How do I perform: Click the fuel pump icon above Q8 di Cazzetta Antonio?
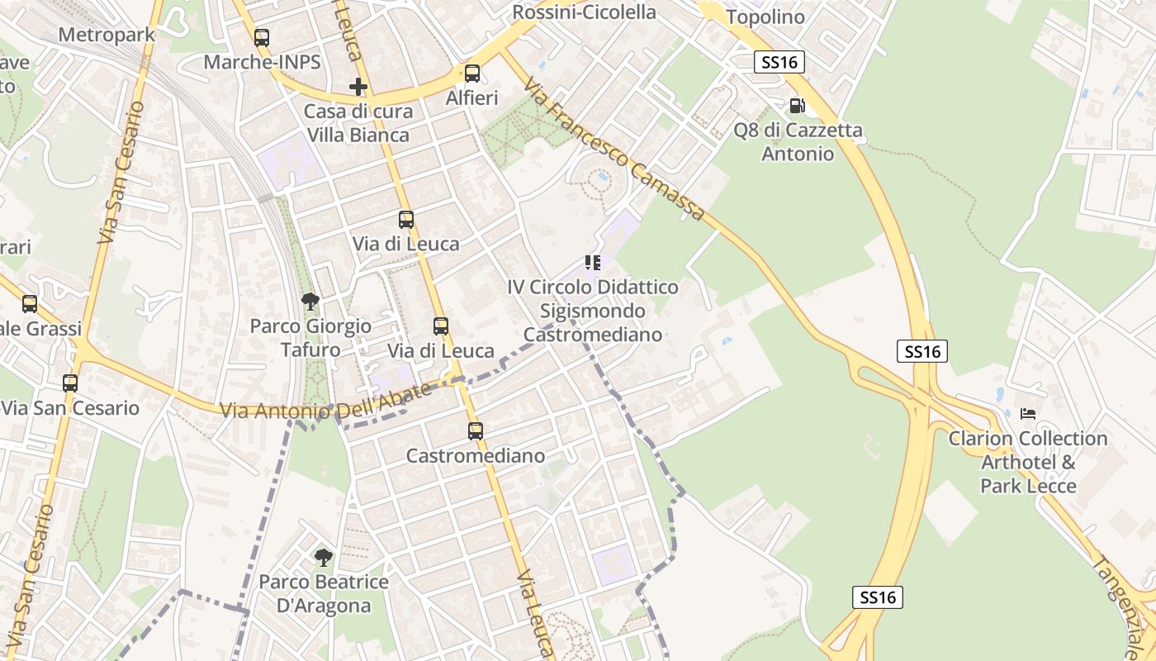(797, 106)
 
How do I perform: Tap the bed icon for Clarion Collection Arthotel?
(1028, 413)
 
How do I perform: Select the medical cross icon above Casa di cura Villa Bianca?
(358, 87)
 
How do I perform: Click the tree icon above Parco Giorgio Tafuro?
(310, 302)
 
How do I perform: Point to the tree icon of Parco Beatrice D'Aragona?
(323, 557)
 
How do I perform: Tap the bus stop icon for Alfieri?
(472, 74)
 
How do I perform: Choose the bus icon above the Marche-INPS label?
(262, 37)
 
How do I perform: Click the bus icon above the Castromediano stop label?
(475, 430)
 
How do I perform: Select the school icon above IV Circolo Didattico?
(592, 263)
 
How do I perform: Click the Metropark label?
(107, 36)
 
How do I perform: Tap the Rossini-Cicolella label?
(584, 12)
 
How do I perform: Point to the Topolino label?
(765, 17)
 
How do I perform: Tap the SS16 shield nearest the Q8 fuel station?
(779, 62)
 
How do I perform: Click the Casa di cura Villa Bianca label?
(357, 123)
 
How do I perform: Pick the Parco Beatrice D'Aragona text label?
(323, 594)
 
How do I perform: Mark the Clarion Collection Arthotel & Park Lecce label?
(1028, 462)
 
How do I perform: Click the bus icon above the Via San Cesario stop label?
(70, 383)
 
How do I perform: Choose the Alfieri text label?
(472, 98)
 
